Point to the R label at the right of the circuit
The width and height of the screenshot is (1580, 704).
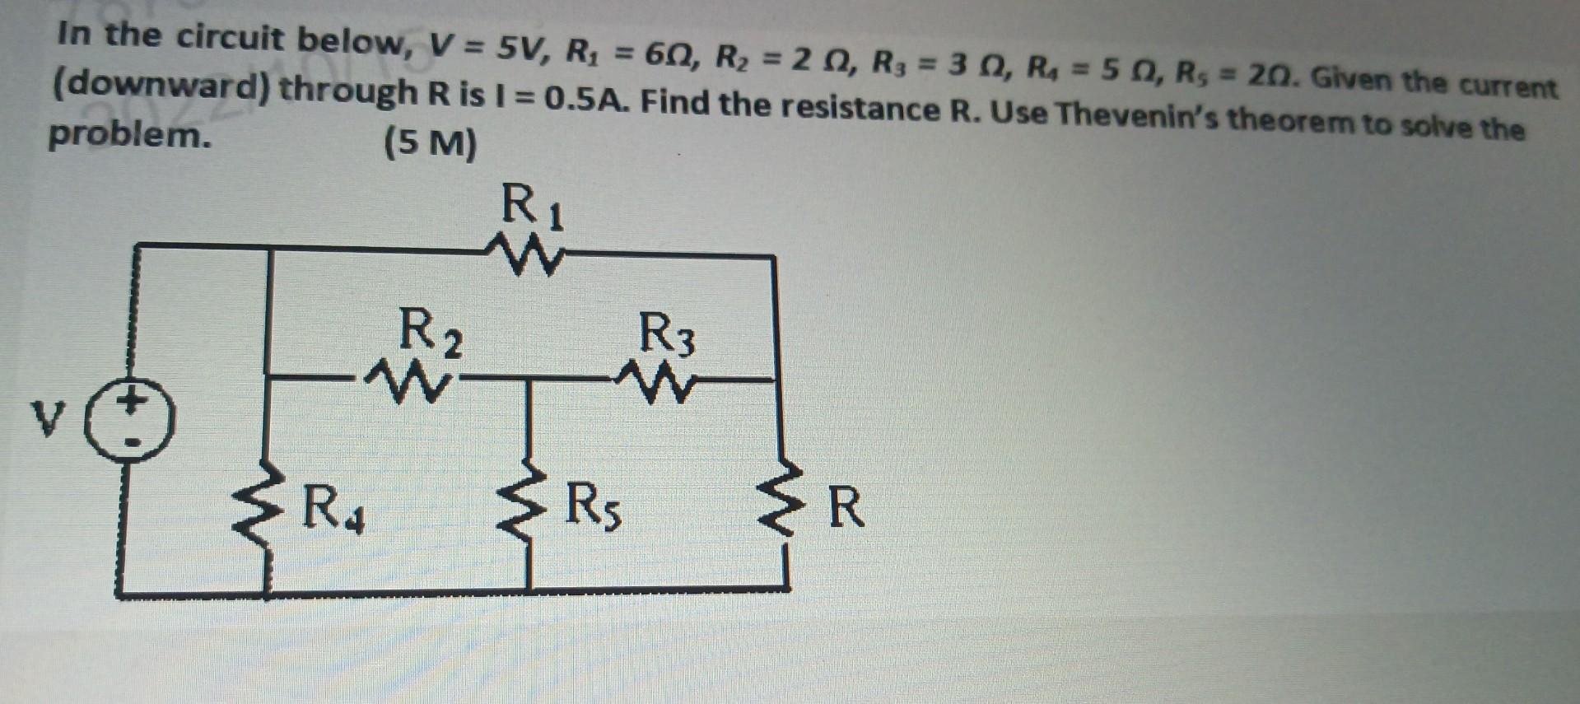pos(846,508)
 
